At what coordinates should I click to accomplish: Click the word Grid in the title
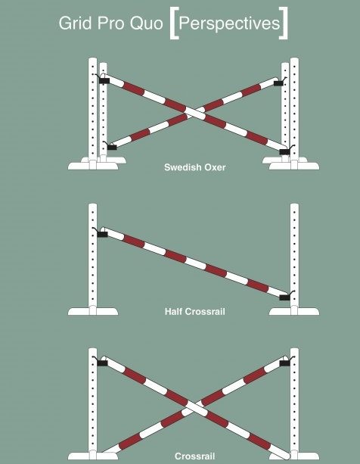click(76, 23)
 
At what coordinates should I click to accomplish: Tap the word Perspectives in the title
click(229, 23)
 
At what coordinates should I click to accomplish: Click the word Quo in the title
click(147, 23)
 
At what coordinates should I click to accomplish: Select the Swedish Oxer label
click(195, 167)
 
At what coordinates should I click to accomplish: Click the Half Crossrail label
click(195, 312)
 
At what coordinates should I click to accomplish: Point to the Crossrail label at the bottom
click(195, 456)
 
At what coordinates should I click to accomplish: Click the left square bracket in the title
click(174, 23)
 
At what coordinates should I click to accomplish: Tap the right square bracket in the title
click(284, 23)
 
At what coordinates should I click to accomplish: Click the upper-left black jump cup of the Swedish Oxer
click(104, 80)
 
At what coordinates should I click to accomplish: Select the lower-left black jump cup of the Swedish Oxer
click(112, 147)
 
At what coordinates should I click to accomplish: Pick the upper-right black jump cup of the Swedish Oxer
click(278, 83)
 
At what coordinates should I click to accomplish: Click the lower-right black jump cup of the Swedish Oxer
click(284, 152)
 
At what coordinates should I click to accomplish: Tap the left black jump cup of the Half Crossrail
click(102, 235)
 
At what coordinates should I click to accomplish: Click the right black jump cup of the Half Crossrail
click(284, 297)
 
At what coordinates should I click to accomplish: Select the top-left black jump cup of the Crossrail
click(102, 363)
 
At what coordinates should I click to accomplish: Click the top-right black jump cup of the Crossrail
click(284, 363)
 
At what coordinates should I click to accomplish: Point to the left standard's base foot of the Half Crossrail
click(93, 311)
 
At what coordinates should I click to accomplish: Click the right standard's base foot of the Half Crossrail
click(294, 311)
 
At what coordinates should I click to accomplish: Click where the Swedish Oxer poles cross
click(194, 113)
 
